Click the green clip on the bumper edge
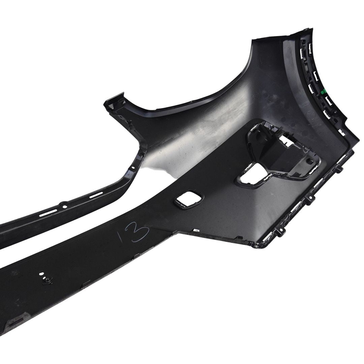(322, 92)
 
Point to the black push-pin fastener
(48, 281)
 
